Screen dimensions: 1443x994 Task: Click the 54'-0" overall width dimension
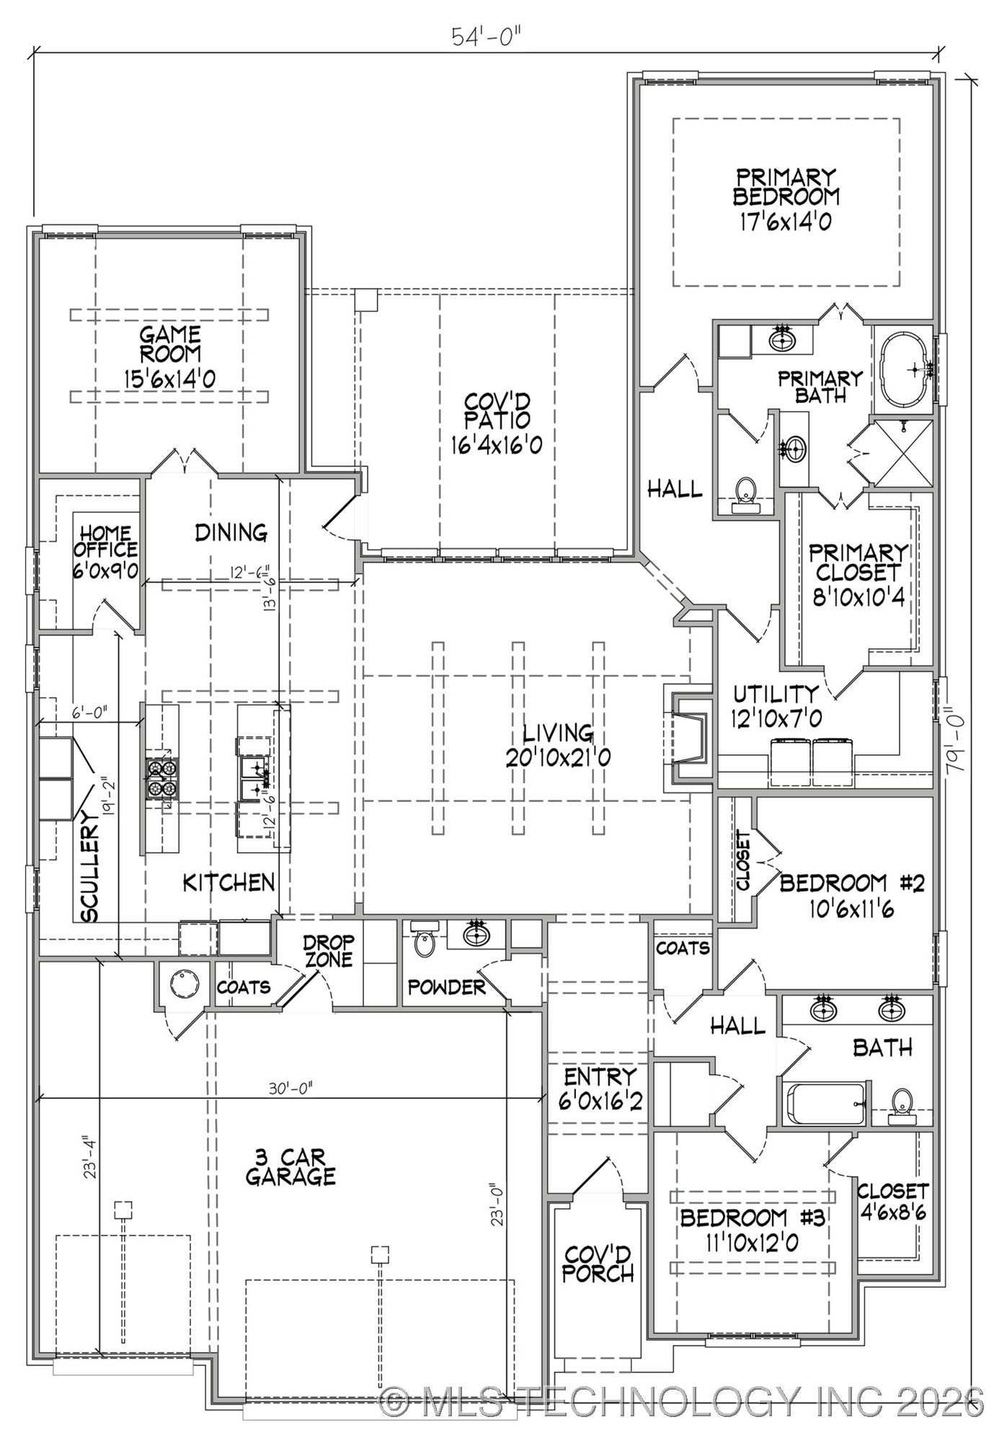pyautogui.click(x=486, y=37)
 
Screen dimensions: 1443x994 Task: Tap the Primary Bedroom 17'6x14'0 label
pyautogui.click(x=786, y=200)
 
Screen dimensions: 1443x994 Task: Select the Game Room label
pyautogui.click(x=170, y=357)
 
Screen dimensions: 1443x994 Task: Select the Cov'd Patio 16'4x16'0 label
pyautogui.click(x=497, y=424)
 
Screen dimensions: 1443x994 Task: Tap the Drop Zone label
pyautogui.click(x=328, y=951)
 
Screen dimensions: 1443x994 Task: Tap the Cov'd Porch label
pyautogui.click(x=598, y=1264)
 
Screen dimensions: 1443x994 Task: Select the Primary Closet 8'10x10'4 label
pyautogui.click(x=858, y=574)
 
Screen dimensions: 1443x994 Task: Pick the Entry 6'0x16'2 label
pyautogui.click(x=600, y=1089)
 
